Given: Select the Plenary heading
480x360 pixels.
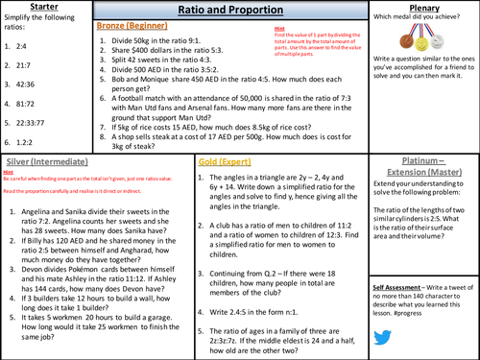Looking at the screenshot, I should coord(424,8).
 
